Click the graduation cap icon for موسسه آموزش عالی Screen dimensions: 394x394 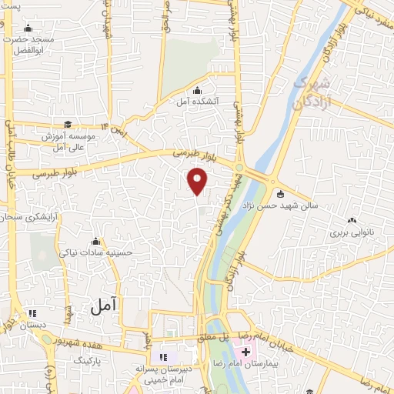tap(68, 124)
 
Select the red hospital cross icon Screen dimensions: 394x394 tap(256, 351)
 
